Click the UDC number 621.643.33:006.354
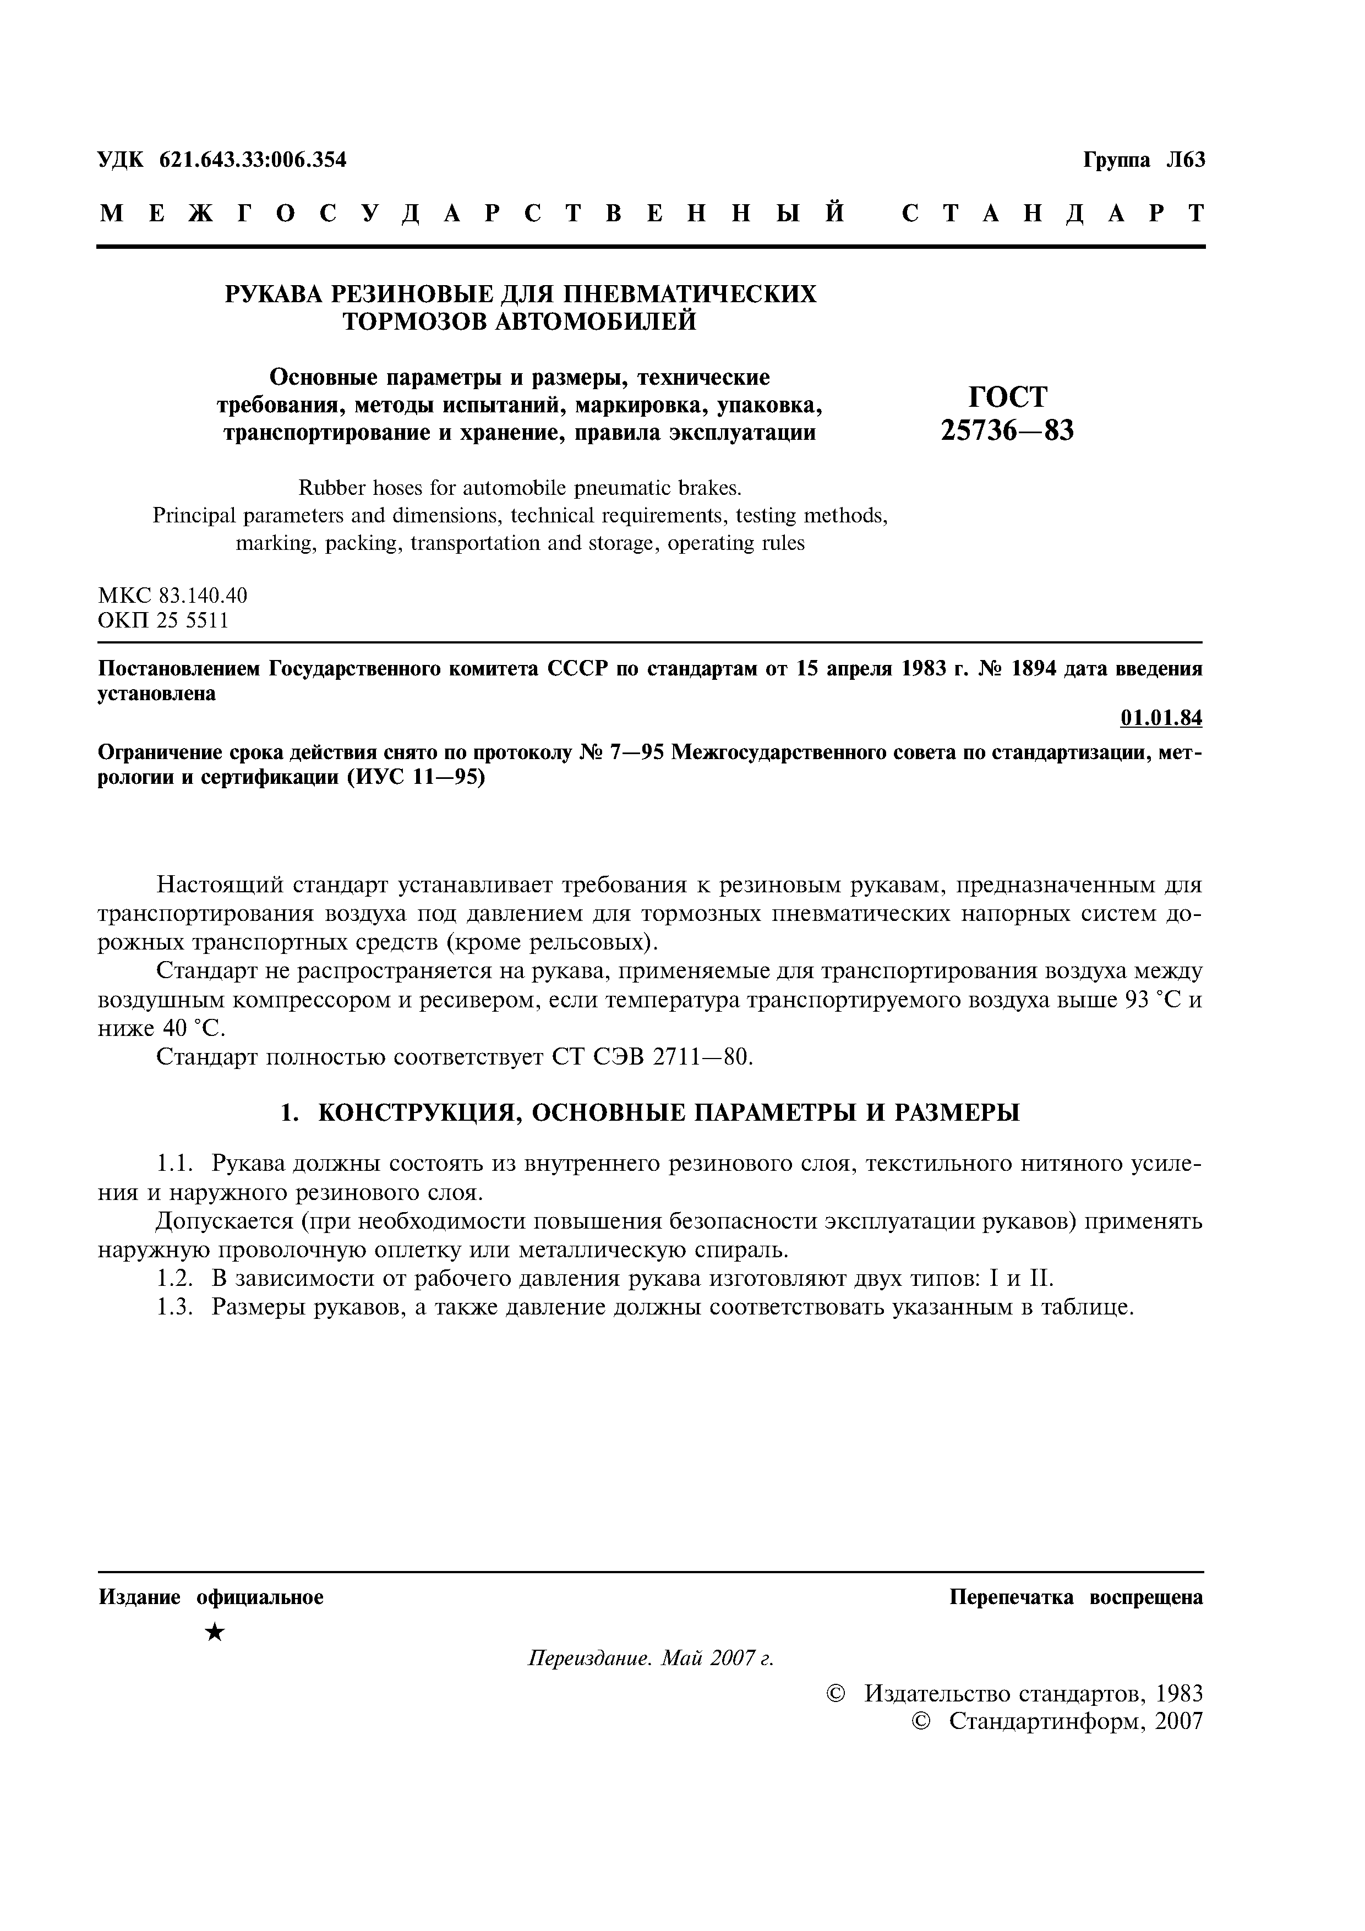pyautogui.click(x=252, y=160)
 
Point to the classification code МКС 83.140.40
pyautogui.click(x=172, y=596)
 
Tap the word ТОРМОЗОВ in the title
pyautogui.click(x=416, y=322)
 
